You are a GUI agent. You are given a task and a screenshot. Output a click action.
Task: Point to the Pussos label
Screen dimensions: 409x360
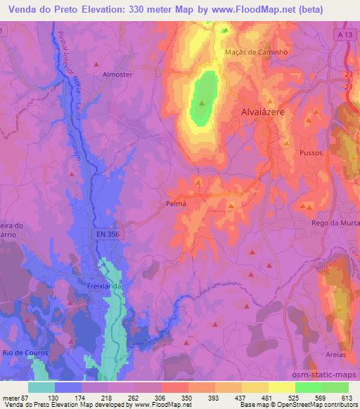[x=310, y=151]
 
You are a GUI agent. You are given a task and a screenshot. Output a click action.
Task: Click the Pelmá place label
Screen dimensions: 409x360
[x=176, y=202]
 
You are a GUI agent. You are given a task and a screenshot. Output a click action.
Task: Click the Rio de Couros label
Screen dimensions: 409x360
[x=19, y=351]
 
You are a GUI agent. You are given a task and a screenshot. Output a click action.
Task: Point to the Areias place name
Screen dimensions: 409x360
[x=335, y=355]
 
